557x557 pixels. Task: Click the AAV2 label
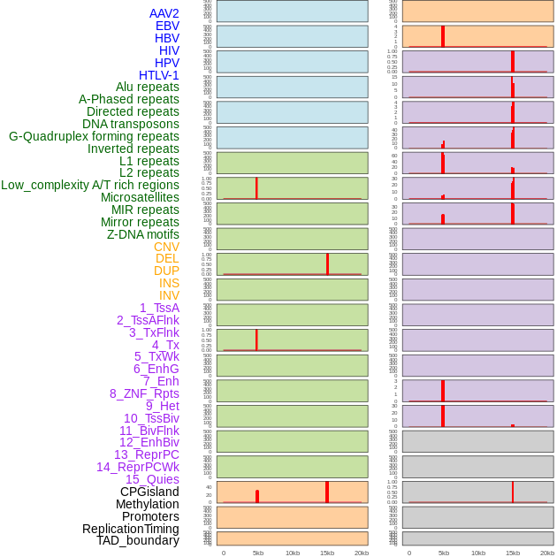click(164, 14)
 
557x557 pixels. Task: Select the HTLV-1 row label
click(158, 75)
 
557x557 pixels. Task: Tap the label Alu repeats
click(147, 88)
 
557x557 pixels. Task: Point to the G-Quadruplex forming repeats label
click(94, 136)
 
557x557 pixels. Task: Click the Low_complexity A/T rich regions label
click(90, 185)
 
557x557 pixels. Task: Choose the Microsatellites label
click(140, 197)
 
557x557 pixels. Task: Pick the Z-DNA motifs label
click(142, 234)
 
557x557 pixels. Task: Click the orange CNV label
click(166, 247)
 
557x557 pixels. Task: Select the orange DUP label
click(166, 271)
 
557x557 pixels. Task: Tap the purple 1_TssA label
click(159, 308)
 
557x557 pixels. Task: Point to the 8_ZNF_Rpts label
click(144, 393)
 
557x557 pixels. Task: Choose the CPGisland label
click(149, 492)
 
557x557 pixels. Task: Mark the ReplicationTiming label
click(130, 529)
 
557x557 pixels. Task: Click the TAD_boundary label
click(137, 540)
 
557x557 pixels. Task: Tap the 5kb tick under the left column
click(258, 553)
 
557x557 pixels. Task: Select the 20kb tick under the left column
click(361, 553)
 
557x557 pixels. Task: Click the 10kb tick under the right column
click(478, 553)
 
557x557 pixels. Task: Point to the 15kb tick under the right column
click(513, 553)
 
